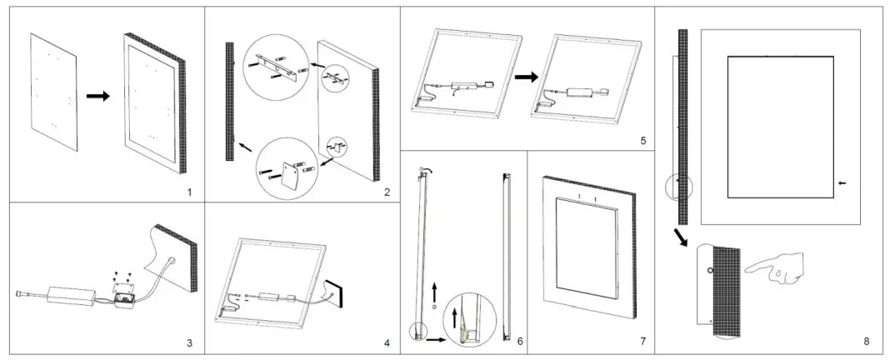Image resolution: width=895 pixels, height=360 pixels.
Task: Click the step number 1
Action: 189,193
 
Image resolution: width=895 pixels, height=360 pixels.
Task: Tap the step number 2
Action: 387,193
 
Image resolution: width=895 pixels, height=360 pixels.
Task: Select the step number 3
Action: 189,342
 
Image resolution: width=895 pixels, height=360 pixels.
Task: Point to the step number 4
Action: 386,342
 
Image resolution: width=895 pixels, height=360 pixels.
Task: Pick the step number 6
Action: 519,342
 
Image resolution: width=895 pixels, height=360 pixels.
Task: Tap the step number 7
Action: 642,342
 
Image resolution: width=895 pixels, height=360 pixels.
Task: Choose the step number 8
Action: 867,342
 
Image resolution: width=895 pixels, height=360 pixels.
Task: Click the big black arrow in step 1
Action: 98,97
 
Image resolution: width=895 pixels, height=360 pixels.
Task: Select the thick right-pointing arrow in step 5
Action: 525,77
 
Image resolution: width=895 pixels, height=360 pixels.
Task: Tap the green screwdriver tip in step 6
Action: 457,337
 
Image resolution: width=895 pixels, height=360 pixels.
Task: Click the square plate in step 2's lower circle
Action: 292,174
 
